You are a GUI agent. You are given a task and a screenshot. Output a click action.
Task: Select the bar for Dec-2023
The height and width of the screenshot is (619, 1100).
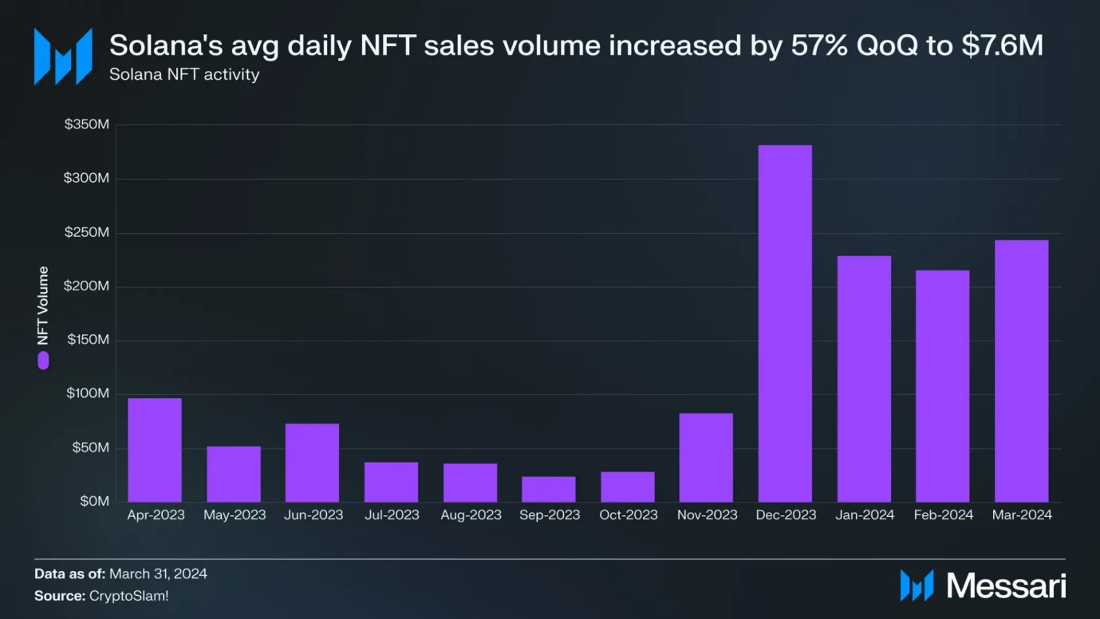785,323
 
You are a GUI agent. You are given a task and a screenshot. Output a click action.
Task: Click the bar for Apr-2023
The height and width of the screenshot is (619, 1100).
155,450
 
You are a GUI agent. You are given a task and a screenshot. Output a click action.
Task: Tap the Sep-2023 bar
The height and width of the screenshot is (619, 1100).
549,489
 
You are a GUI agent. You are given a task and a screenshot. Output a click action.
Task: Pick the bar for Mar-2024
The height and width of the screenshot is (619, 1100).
1022,371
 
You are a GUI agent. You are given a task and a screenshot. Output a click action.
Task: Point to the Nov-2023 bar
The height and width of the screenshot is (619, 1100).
706,457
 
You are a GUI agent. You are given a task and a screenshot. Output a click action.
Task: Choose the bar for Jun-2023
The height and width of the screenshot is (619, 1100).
312,463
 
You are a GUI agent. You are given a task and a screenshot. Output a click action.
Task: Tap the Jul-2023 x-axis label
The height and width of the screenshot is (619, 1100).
392,515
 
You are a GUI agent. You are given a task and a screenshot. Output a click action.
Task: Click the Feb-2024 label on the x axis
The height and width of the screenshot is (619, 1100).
943,515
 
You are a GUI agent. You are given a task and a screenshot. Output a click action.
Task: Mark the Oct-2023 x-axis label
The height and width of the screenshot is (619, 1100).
629,515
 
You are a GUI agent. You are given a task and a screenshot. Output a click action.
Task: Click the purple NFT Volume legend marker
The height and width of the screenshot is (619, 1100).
43,361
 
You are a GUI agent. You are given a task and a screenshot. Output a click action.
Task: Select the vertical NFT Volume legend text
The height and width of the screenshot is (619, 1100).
43,306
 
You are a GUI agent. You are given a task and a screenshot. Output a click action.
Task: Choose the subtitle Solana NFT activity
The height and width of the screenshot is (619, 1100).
184,75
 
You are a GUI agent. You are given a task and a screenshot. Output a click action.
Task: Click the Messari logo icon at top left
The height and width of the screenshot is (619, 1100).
63,57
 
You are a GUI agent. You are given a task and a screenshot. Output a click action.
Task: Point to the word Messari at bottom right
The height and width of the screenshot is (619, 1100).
1006,586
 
